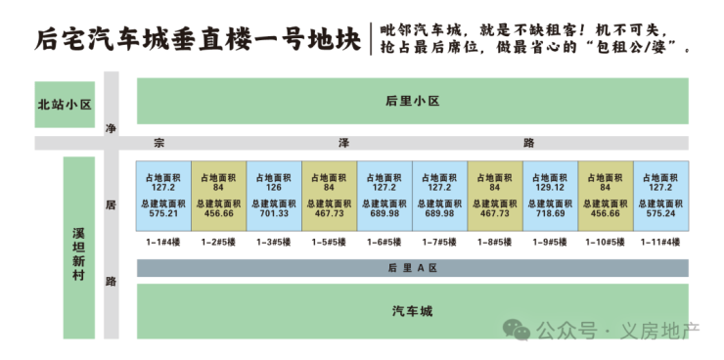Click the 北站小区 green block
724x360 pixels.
point(65,105)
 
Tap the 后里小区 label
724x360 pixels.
point(412,101)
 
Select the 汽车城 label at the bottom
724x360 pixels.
point(412,311)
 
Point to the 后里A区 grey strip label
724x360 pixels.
point(412,268)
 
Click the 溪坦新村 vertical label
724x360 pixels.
point(79,253)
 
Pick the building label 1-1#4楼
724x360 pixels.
point(163,242)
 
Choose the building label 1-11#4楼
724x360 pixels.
point(660,242)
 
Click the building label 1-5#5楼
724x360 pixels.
point(329,242)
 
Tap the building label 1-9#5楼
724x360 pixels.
point(550,242)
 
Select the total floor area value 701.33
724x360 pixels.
point(274,213)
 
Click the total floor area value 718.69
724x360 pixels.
point(550,213)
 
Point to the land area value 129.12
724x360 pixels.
point(550,188)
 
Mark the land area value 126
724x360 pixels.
point(274,188)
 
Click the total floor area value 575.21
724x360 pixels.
point(163,213)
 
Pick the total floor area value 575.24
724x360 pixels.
point(660,213)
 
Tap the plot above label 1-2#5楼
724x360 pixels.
point(219,196)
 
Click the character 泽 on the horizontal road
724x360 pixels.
point(343,143)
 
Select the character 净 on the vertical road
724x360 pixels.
point(111,129)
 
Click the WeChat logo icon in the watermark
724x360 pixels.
point(517,330)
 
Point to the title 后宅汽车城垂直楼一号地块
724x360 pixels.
point(198,40)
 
